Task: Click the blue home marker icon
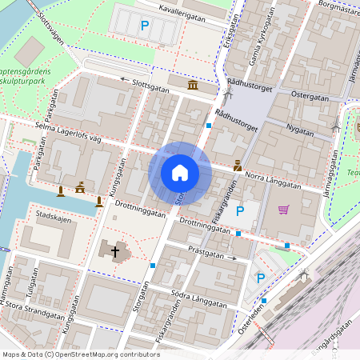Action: click(x=180, y=173)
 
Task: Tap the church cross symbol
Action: click(x=115, y=253)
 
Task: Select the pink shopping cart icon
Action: click(x=283, y=210)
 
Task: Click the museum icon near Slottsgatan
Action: click(x=193, y=86)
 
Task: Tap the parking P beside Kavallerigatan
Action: click(x=145, y=26)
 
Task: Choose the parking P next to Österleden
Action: click(x=260, y=278)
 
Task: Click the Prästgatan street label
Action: click(x=206, y=252)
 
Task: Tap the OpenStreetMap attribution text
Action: click(x=81, y=354)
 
